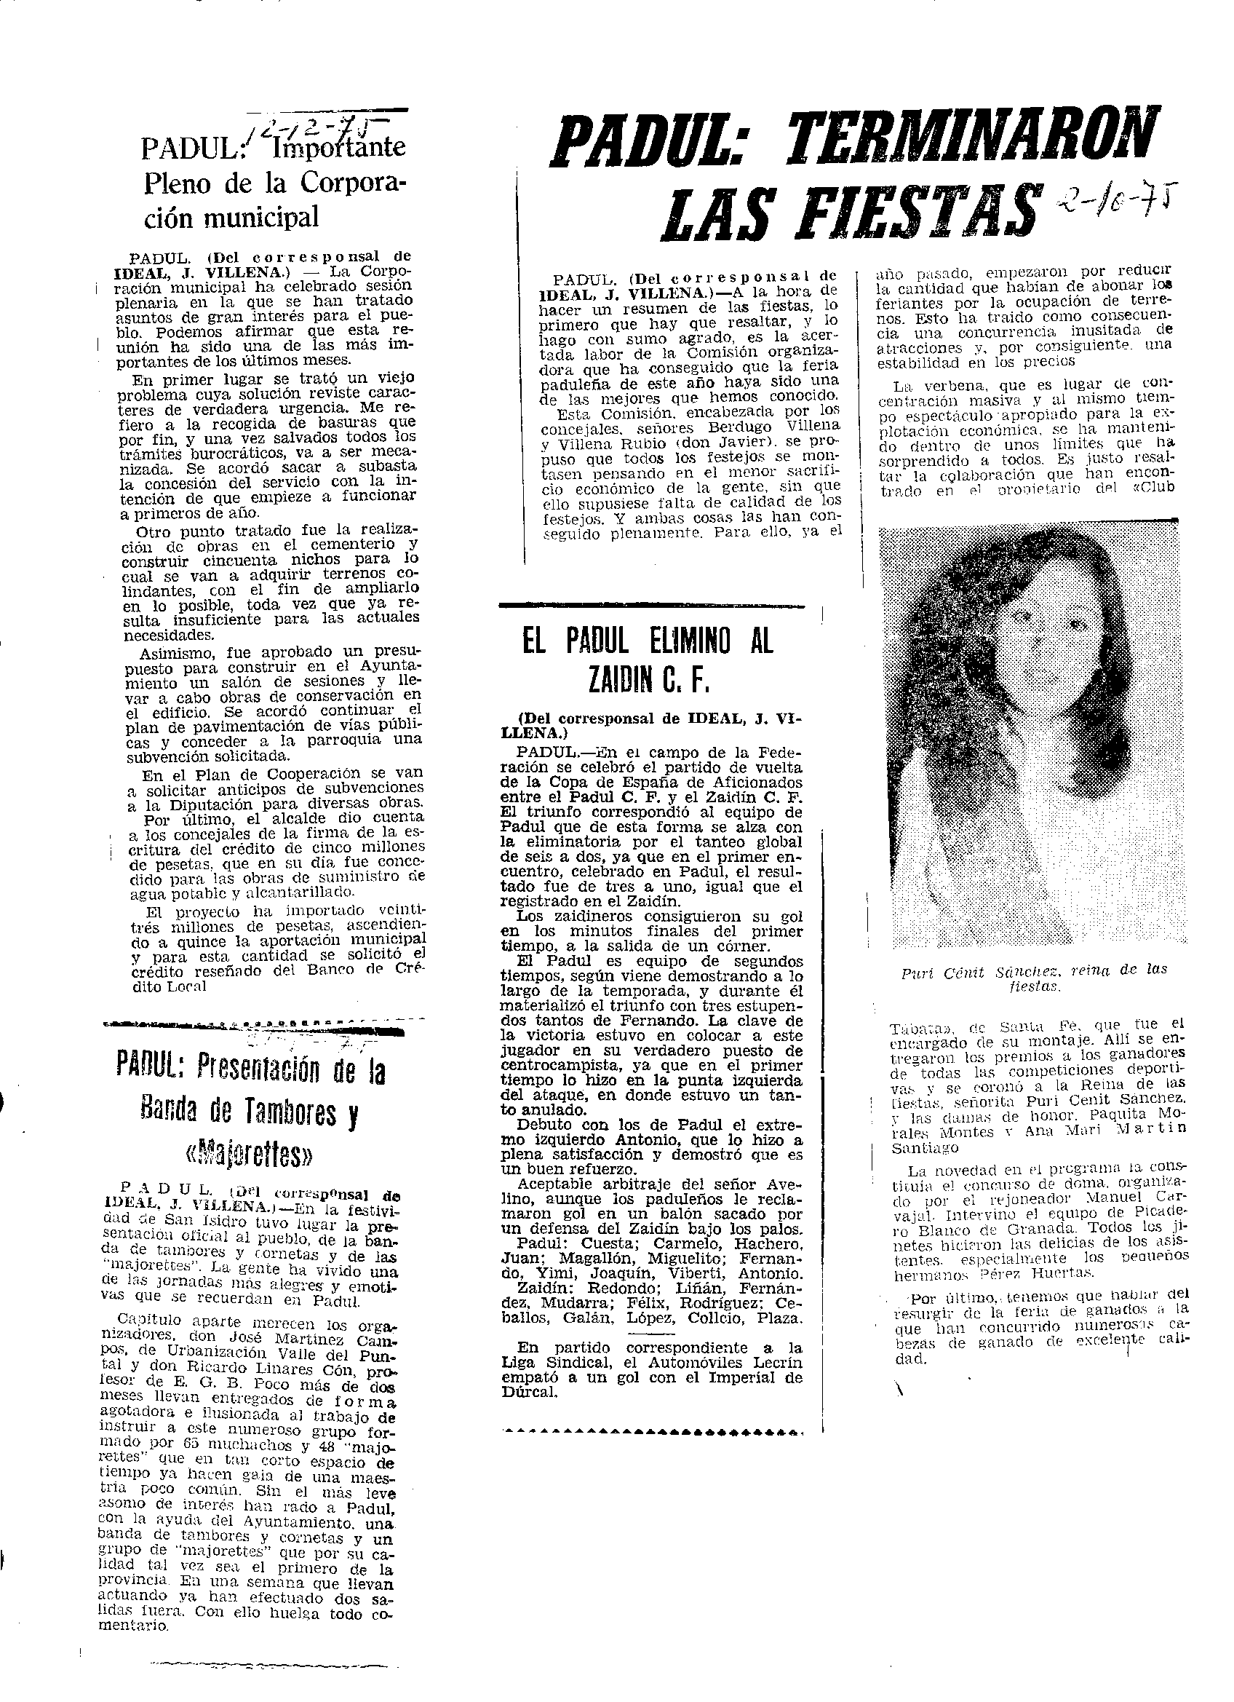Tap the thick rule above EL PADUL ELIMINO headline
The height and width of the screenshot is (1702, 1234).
point(653,604)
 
